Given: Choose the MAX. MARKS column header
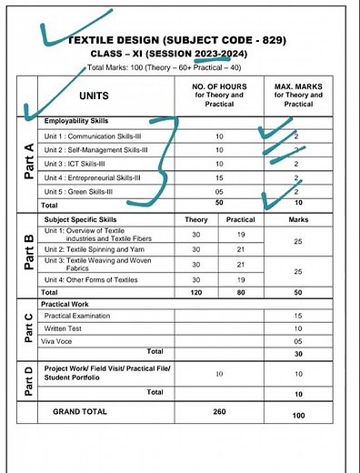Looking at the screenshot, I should click(x=298, y=95).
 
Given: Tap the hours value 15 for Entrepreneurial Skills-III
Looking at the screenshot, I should click(x=218, y=177).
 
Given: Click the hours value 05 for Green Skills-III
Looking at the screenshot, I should click(x=218, y=192).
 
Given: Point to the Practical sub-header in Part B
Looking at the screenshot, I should click(x=240, y=219).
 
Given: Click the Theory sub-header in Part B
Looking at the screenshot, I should click(x=196, y=219).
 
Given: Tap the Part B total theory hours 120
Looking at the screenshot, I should click(x=196, y=292).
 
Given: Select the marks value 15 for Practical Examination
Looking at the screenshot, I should click(x=298, y=315).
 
